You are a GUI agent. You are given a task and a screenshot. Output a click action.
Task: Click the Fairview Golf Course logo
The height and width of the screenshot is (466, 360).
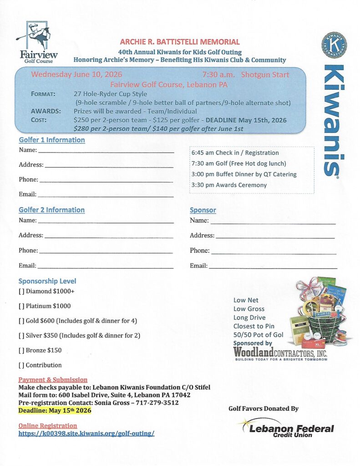point(36,42)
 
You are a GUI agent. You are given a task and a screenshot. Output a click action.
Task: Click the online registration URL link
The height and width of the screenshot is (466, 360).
point(86,433)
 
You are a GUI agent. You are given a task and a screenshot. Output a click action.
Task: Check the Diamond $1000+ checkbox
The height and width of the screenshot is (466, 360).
point(21,291)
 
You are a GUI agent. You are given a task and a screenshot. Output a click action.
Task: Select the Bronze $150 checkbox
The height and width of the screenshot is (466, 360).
point(21,350)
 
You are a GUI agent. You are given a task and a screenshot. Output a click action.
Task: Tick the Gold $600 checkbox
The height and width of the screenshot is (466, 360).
point(21,321)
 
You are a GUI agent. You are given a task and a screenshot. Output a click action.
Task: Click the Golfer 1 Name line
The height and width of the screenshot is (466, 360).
point(106,151)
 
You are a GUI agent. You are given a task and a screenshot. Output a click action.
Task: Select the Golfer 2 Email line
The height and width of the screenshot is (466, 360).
point(105,266)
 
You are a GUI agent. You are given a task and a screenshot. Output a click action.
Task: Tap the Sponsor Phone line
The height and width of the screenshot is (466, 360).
point(274,252)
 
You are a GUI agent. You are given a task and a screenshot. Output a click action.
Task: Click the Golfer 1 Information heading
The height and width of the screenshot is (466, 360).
point(51,140)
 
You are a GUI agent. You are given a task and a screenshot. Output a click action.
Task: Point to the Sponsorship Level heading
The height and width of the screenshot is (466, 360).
point(47,281)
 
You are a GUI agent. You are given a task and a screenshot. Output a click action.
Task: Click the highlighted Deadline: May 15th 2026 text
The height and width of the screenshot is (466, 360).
point(55,410)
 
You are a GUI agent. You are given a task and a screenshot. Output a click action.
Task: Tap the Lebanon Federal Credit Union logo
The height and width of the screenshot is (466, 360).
point(287,428)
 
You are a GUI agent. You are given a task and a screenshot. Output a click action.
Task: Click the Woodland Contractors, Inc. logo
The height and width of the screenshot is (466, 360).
point(280,353)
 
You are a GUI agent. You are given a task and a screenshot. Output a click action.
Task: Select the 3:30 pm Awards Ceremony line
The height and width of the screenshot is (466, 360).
point(229,185)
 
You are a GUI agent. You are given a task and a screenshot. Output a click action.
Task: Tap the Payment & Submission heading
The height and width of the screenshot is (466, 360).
point(53,380)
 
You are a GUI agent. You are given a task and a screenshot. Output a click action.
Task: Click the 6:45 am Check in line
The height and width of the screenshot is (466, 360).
point(235,153)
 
